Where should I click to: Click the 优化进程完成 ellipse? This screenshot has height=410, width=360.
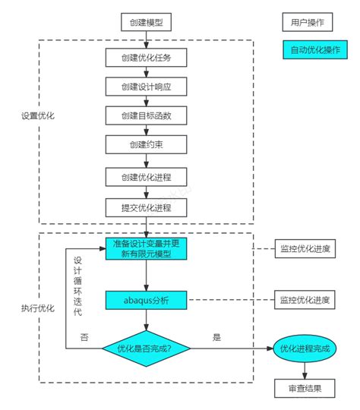coord(304,348)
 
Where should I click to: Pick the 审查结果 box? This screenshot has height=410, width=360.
coord(304,389)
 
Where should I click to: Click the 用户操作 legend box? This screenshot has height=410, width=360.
coord(307,22)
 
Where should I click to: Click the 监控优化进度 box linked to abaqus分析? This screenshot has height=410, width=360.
coord(305,301)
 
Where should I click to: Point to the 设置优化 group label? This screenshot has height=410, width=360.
coord(37,117)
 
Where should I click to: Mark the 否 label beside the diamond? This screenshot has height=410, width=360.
coord(84,336)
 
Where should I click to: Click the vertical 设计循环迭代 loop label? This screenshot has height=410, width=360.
coord(77,285)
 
